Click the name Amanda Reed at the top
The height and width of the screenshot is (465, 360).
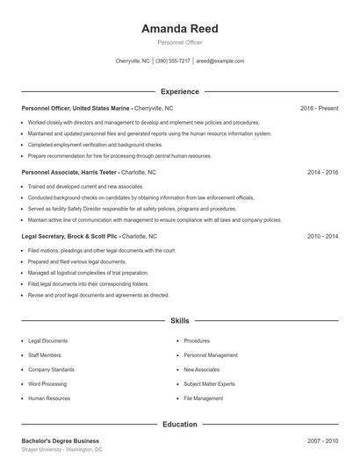(179, 29)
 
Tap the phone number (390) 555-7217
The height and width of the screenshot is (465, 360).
(172, 61)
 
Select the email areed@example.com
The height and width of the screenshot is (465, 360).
(220, 61)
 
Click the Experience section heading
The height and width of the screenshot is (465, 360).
(179, 91)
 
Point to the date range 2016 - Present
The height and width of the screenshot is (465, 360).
(319, 108)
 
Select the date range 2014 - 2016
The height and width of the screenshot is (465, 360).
(322, 173)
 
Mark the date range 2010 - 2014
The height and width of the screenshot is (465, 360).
(322, 237)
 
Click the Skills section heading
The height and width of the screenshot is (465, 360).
(179, 322)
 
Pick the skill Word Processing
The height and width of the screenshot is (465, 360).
(48, 383)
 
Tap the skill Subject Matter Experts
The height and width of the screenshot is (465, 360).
(209, 383)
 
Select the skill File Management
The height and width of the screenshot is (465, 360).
(203, 398)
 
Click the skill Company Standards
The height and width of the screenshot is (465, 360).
(51, 369)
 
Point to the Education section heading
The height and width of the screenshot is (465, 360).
(179, 425)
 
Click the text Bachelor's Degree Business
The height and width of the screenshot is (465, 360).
(61, 440)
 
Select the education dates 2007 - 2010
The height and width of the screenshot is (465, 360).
(322, 440)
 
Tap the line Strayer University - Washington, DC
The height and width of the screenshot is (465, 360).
(61, 449)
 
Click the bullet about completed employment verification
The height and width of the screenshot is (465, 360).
(95, 144)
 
